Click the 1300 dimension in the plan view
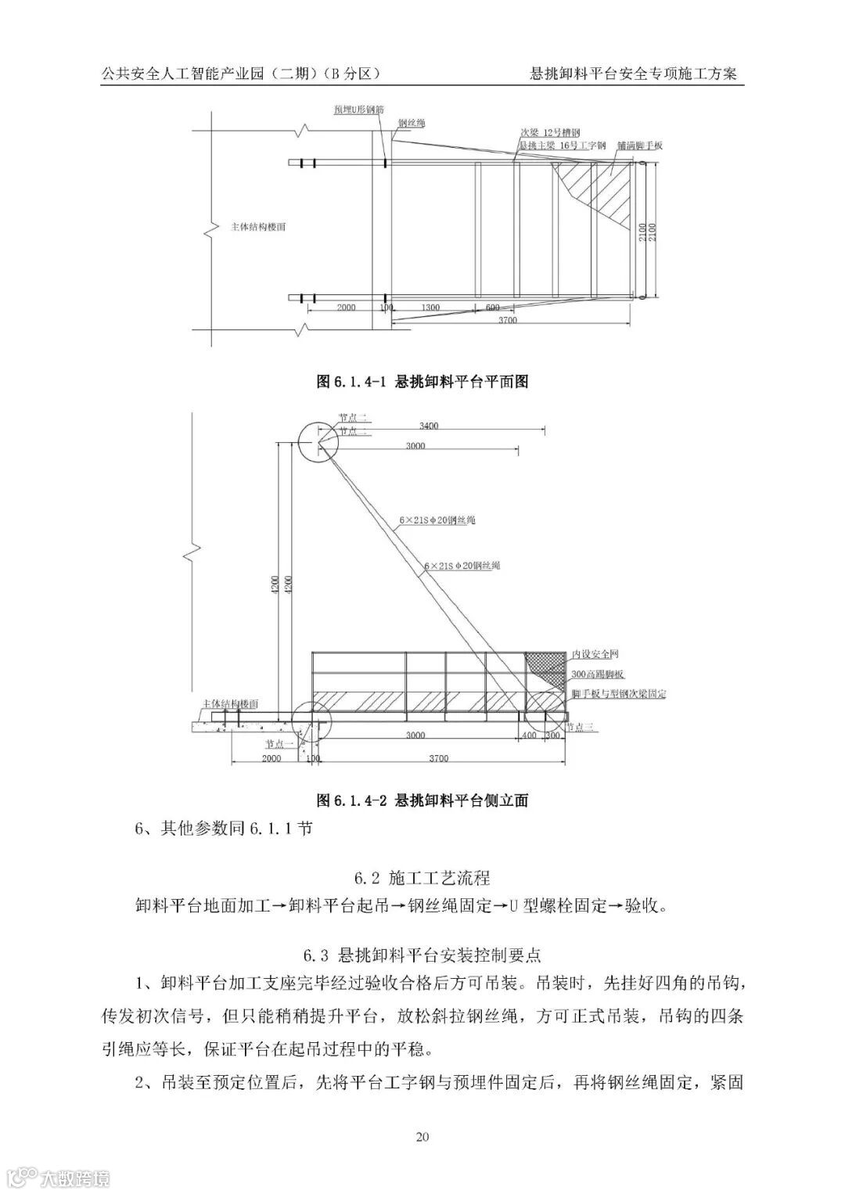[x=430, y=307]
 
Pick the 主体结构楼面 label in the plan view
[x=258, y=227]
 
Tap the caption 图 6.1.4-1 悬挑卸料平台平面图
[x=422, y=381]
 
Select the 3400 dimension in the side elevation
[x=428, y=426]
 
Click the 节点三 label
[x=580, y=727]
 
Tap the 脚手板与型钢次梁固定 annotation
[x=618, y=693]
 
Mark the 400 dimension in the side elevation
[x=529, y=735]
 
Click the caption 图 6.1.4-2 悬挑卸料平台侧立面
[x=422, y=800]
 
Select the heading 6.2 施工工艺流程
[x=422, y=876]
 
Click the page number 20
[x=422, y=1137]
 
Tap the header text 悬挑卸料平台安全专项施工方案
[x=633, y=74]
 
